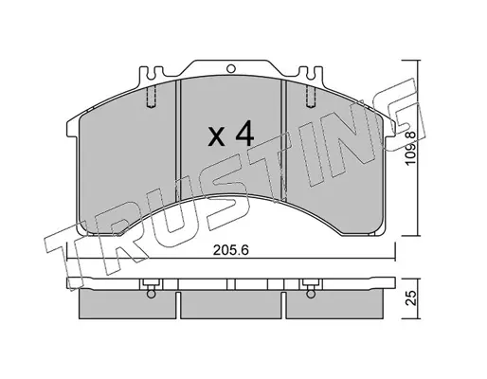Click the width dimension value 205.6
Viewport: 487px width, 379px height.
pos(231,250)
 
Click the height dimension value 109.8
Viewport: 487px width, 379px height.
pos(410,148)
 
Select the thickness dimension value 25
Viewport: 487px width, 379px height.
pos(410,298)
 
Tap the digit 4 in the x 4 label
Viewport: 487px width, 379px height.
pos(244,134)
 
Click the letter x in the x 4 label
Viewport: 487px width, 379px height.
pos(217,137)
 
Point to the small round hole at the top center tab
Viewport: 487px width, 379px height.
pos(231,68)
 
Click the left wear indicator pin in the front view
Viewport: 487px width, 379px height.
pos(152,97)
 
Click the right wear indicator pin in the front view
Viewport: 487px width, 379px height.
pos(311,97)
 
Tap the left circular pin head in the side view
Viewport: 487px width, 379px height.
pos(152,294)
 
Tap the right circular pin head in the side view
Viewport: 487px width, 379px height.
pos(311,294)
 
